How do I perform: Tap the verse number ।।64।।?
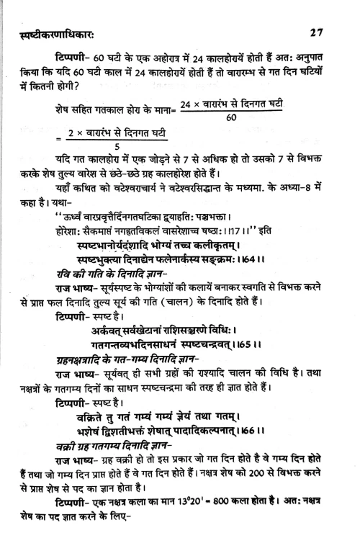(x=247, y=261)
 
